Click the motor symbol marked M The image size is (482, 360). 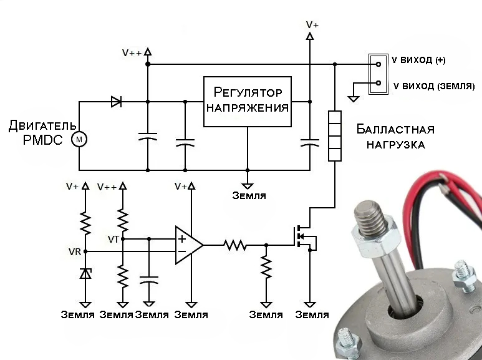[x=79, y=140]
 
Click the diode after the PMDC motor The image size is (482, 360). [x=115, y=102]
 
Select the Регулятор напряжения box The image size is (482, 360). [x=248, y=101]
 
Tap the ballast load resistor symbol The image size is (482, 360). [x=335, y=135]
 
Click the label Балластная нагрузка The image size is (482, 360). [x=395, y=137]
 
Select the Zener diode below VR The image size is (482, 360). [x=85, y=273]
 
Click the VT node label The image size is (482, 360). [x=113, y=239]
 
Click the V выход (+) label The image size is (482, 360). [x=418, y=61]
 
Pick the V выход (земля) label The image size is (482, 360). [x=433, y=85]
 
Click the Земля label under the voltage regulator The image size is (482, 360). [x=249, y=195]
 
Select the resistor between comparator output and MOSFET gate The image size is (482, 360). [x=236, y=245]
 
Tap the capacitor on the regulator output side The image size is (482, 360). [x=309, y=144]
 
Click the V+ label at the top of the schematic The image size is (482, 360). [x=312, y=24]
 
